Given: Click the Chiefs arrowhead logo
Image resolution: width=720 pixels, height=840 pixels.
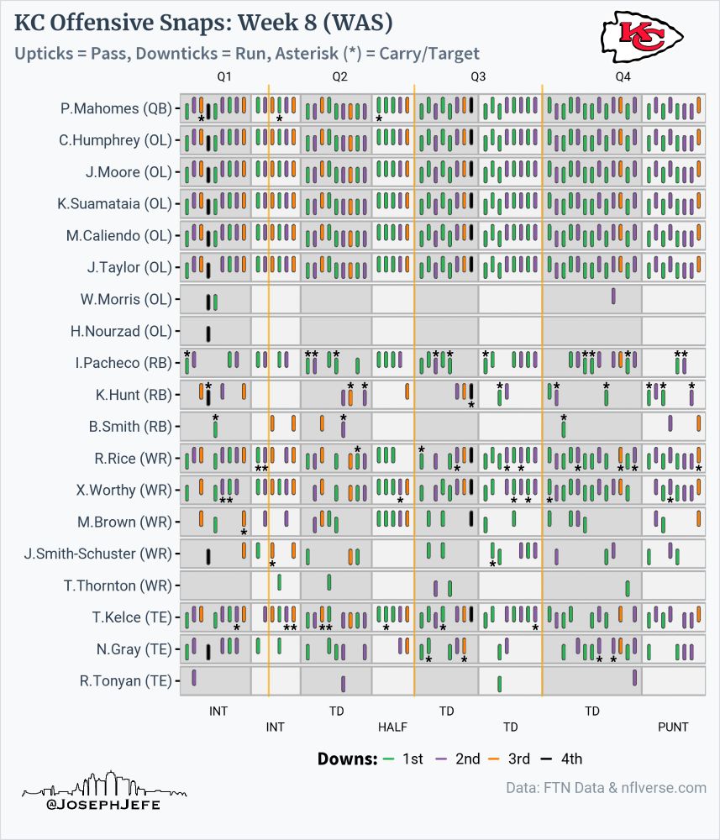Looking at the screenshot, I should [x=642, y=36].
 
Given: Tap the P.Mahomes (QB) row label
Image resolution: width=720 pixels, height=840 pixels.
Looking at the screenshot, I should [x=115, y=108].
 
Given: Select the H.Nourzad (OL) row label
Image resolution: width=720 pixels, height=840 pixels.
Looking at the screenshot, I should [x=120, y=332].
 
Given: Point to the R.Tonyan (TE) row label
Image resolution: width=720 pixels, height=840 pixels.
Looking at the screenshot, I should [x=125, y=680].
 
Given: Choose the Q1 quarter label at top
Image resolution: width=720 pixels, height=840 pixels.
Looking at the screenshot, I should [x=224, y=76].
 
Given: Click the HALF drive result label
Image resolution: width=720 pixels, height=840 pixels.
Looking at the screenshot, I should [x=392, y=727].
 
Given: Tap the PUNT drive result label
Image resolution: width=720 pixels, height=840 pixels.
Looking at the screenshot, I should [x=673, y=727].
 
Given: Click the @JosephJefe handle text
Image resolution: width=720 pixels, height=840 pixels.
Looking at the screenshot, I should [x=103, y=805].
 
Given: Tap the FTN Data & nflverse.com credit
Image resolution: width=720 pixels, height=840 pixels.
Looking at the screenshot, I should [x=606, y=788].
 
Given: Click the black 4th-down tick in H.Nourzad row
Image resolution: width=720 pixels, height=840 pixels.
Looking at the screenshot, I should [x=208, y=333].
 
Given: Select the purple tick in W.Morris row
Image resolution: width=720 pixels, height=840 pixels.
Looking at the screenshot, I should [x=613, y=297].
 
